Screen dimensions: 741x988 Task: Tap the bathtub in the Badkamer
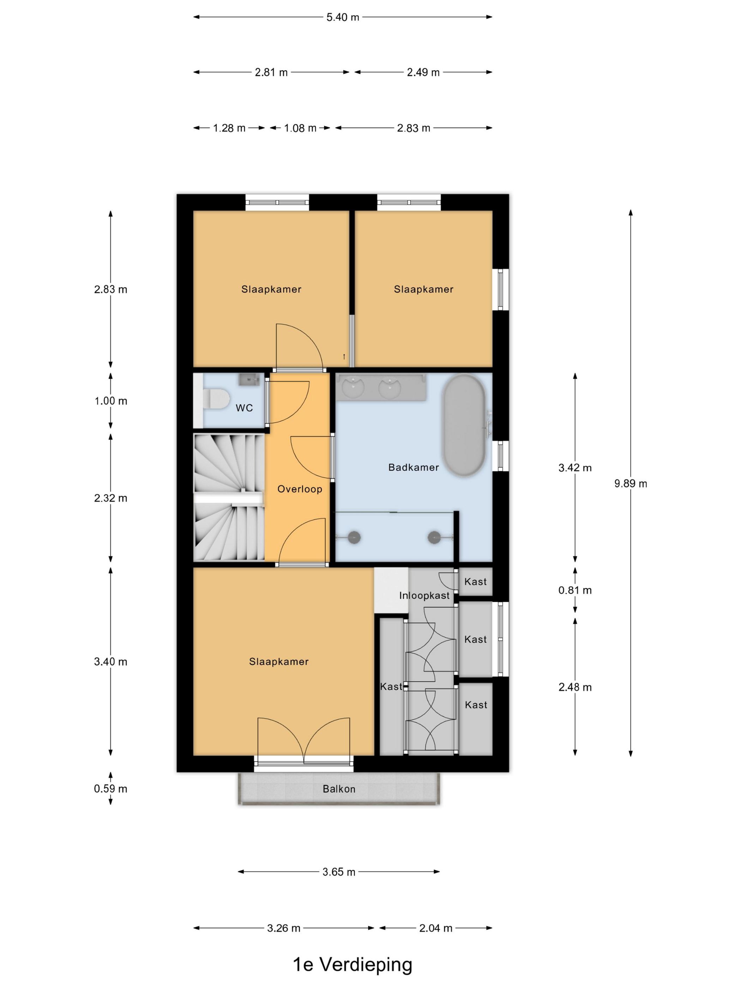coord(464,425)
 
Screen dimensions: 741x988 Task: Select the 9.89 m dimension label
coord(631,483)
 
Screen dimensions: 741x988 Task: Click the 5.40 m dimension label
coord(343,17)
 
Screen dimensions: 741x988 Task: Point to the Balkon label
coord(339,789)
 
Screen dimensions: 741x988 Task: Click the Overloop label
coord(300,489)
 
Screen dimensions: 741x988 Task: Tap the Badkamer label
coord(414,467)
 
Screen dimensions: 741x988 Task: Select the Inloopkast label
coord(424,595)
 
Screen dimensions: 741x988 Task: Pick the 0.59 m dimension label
coord(111,788)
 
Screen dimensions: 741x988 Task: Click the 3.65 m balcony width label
coord(339,872)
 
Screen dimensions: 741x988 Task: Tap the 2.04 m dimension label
coord(435,928)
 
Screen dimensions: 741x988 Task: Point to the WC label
coord(244,408)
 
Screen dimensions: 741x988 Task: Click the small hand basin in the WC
coord(249,379)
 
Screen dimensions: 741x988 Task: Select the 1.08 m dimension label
coord(300,128)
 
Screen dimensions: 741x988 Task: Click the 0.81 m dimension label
coord(575,590)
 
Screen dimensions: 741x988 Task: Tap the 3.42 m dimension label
coord(575,468)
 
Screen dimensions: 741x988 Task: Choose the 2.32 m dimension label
coord(111,498)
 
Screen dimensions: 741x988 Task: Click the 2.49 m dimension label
coord(423,72)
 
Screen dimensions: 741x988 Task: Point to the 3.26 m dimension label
coord(284,928)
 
